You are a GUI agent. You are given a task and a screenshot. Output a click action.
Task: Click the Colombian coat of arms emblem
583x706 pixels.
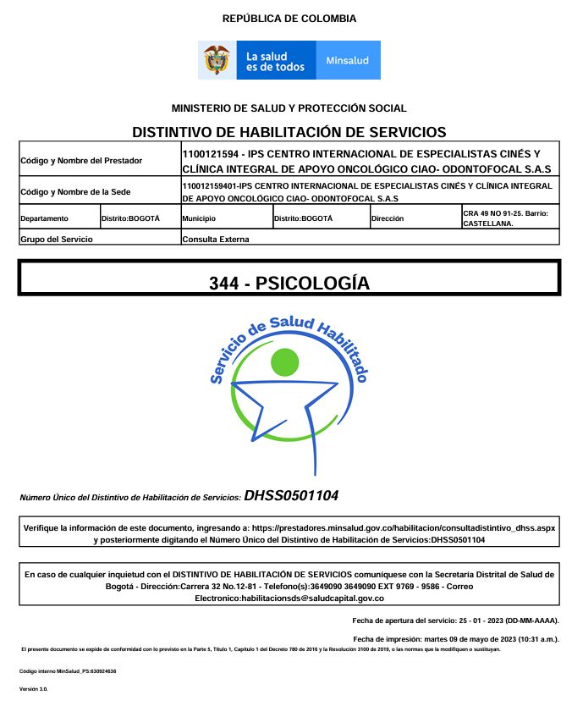tap(217, 60)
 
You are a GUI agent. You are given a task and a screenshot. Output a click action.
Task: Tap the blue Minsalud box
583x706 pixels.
tap(348, 61)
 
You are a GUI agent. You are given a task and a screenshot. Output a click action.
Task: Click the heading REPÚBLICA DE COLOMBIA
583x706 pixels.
tap(289, 19)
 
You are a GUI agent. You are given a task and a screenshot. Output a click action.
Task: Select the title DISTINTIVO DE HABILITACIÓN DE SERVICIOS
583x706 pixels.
tap(289, 132)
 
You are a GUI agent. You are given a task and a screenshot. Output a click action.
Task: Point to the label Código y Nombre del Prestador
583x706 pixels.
tap(81, 160)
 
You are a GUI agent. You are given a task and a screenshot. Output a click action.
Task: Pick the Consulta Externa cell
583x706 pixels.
tap(216, 240)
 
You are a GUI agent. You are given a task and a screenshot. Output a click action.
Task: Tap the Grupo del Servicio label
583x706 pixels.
tap(56, 240)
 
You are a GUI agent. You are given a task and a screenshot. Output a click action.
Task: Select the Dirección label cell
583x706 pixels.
tap(389, 218)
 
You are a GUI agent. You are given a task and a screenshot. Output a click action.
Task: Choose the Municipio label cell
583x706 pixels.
tap(200, 218)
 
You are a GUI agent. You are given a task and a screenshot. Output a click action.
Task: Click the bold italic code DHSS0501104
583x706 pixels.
tap(292, 496)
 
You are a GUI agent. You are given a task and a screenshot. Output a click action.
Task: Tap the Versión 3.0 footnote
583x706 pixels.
tap(34, 690)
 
